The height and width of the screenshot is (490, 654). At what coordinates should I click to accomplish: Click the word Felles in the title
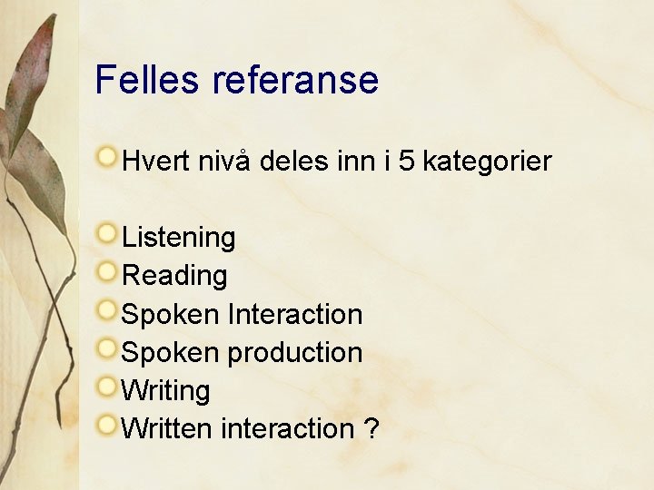point(147,80)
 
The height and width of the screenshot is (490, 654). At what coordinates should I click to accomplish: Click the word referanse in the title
point(295,80)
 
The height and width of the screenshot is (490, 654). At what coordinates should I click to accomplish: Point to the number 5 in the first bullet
point(407,162)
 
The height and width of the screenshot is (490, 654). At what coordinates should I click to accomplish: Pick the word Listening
point(178,238)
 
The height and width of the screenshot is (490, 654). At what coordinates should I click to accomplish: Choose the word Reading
point(174,276)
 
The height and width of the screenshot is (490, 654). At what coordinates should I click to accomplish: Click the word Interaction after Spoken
point(295,314)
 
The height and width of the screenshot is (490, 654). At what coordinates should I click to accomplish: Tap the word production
point(295,352)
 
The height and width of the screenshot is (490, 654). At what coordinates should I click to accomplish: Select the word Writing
point(165,390)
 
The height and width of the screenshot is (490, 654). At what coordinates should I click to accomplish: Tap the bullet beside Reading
point(108,270)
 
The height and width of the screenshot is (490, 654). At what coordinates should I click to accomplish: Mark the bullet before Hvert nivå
point(108,157)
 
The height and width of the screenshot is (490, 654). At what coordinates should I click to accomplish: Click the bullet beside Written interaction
point(108,423)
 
